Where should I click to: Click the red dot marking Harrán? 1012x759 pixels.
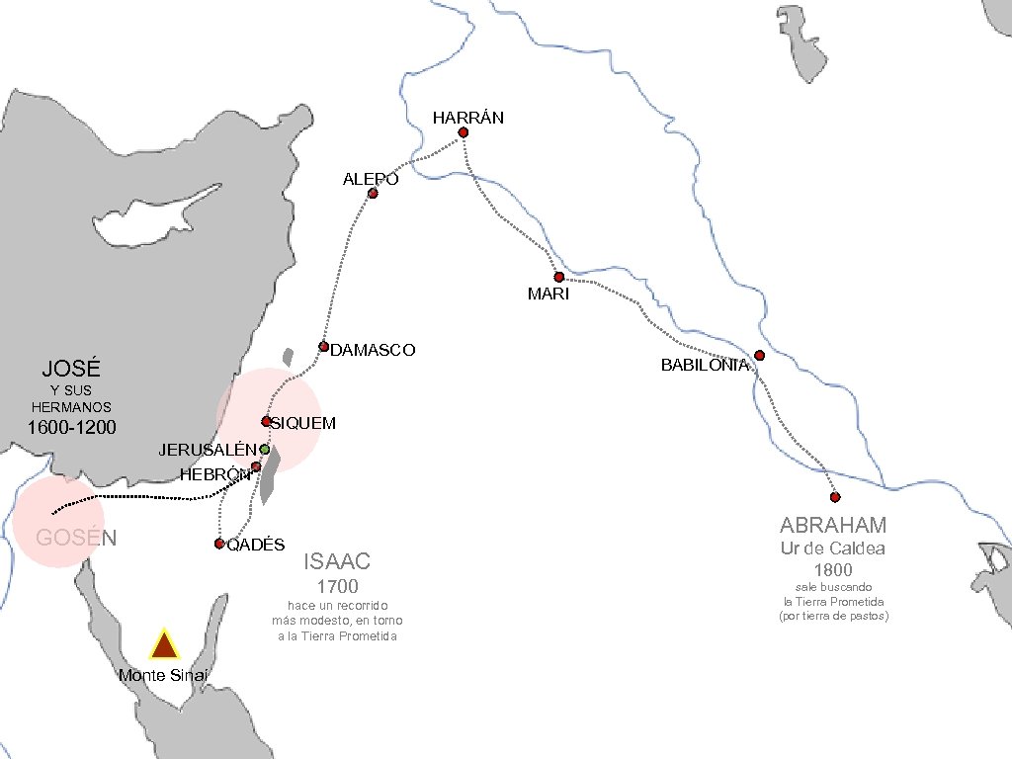463,132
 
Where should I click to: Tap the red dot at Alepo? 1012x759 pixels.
373,194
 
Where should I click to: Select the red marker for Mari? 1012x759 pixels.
558,277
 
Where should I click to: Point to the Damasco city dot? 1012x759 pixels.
323,346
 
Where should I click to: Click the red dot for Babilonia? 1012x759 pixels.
759,356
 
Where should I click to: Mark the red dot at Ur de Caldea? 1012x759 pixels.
835,497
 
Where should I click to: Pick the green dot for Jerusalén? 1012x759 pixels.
265,450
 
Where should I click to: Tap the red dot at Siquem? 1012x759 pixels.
266,421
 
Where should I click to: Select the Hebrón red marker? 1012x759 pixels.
255,466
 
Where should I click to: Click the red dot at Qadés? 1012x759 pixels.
219,544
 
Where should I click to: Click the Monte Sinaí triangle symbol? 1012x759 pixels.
163,645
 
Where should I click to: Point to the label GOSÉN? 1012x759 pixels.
76,539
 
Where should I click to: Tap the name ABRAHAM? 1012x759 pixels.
833,525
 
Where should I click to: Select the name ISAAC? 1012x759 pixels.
337,562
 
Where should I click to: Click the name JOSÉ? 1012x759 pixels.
71,369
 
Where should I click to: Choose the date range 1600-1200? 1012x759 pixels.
71,428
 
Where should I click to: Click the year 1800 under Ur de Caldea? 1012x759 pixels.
833,570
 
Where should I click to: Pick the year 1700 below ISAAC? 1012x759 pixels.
338,588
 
